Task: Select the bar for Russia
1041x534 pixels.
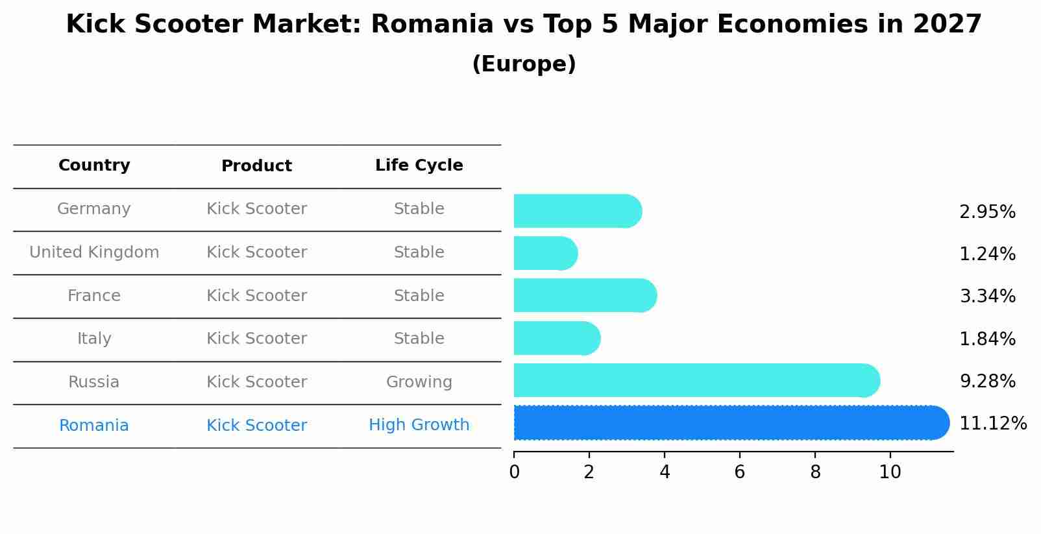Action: (x=694, y=381)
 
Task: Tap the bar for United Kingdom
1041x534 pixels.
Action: (x=544, y=253)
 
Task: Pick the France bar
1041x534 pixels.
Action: (x=584, y=296)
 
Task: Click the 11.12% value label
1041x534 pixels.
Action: (x=992, y=424)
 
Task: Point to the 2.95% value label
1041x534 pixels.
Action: (x=986, y=212)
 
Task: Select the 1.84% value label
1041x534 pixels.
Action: (x=986, y=339)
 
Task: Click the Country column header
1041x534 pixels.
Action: (x=94, y=165)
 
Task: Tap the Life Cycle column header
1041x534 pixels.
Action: (x=419, y=165)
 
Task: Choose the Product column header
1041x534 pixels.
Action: (x=256, y=166)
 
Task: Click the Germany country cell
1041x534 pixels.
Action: (x=94, y=209)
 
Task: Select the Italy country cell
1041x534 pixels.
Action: (x=94, y=339)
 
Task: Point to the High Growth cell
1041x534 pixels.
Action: (x=419, y=425)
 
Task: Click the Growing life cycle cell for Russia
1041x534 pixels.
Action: (x=419, y=382)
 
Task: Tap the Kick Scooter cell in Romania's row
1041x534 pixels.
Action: (x=256, y=426)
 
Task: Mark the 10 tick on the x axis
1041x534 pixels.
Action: (x=890, y=472)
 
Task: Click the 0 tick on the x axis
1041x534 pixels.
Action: (x=514, y=472)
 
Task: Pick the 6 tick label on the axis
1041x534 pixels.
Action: (x=739, y=472)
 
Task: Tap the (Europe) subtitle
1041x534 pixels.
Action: (x=524, y=64)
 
